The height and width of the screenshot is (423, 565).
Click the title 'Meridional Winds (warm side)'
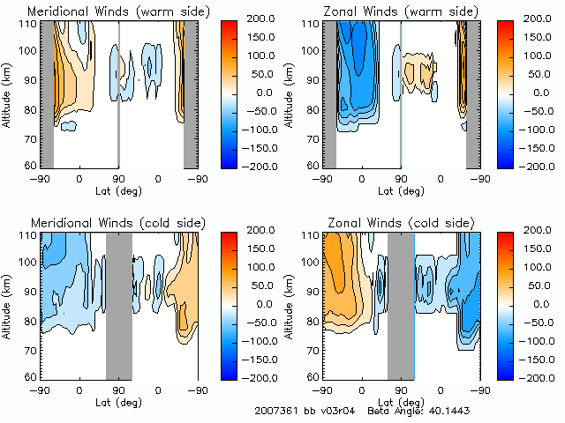pyautogui.click(x=106, y=11)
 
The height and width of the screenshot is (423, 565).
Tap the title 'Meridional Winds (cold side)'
pyautogui.click(x=105, y=222)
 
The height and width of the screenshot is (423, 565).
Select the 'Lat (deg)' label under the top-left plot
pyautogui.click(x=119, y=190)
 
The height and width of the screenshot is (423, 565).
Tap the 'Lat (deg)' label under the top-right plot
pyautogui.click(x=401, y=190)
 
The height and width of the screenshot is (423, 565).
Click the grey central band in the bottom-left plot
pyautogui.click(x=118, y=304)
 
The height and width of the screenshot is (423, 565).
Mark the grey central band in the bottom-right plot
pyautogui.click(x=400, y=304)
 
